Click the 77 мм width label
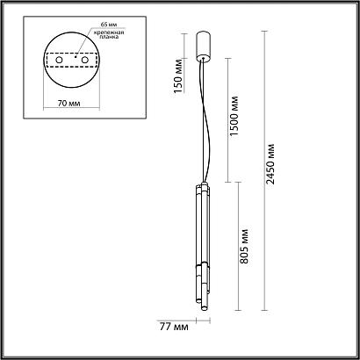pyautogui.click(x=175, y=327)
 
